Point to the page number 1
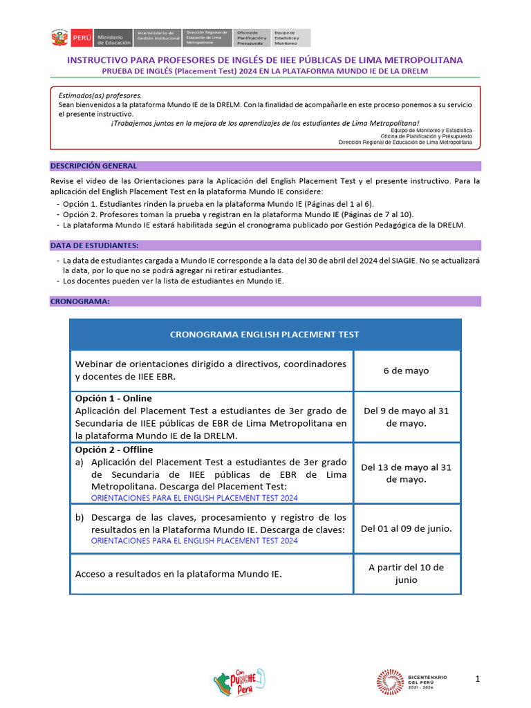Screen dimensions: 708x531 (478, 680)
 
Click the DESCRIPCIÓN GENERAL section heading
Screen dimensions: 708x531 (93, 166)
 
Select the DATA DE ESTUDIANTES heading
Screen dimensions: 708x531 (94, 245)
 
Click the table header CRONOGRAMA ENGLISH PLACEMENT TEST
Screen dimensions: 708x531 (265, 335)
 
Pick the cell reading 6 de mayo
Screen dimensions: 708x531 (406, 371)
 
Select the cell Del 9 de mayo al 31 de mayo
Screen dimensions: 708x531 (406, 417)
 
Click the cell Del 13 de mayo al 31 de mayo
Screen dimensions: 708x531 (406, 474)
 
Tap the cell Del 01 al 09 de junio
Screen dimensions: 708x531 (406, 529)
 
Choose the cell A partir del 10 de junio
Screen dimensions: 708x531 (406, 574)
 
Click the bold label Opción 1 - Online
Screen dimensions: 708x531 (113, 398)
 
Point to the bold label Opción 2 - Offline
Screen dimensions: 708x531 (114, 449)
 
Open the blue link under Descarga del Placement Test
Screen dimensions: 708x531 (194, 498)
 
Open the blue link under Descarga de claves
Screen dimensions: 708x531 (194, 541)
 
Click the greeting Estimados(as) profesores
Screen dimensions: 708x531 (100, 95)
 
